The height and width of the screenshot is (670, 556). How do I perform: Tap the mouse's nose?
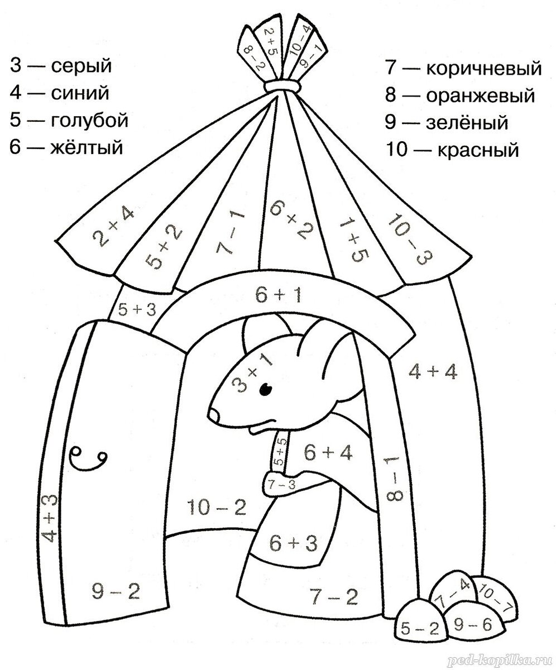(214, 414)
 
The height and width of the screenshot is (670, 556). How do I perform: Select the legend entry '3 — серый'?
(61, 66)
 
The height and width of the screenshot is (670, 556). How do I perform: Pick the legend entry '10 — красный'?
(452, 149)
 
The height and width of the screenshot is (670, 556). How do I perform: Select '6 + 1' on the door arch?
(279, 295)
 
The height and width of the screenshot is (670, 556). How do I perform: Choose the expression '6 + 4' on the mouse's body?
(328, 453)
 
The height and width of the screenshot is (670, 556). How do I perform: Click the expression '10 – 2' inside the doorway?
(217, 507)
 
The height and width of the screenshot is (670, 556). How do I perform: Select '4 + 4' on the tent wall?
(433, 371)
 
